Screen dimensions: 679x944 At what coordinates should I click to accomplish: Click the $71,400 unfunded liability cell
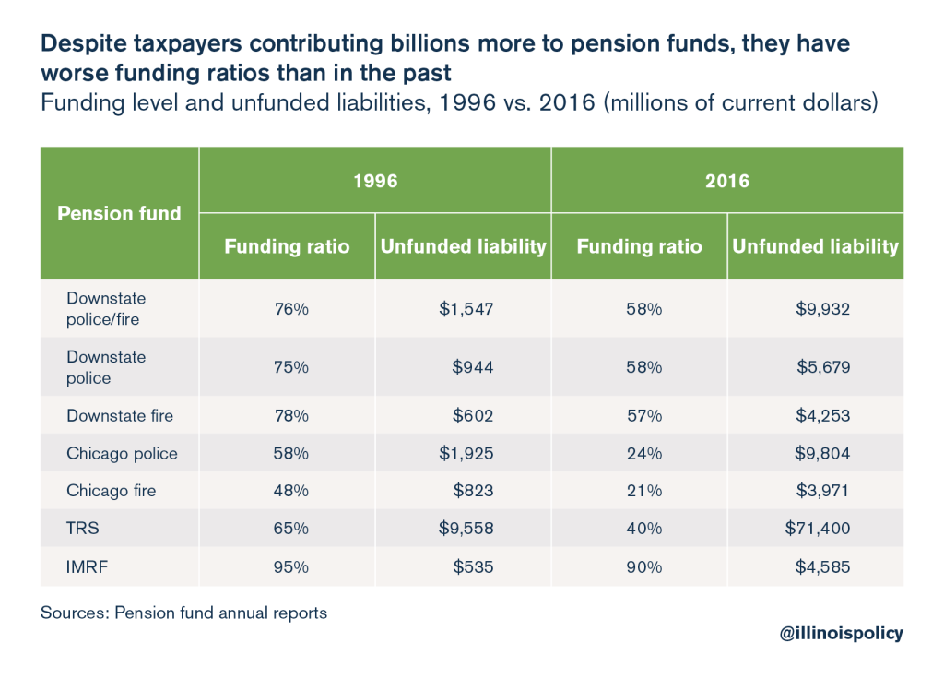click(822, 529)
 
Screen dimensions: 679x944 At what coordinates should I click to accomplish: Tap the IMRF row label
click(87, 567)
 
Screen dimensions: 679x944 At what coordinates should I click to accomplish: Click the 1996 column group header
click(375, 181)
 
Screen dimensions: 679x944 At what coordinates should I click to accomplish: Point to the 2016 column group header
click(727, 181)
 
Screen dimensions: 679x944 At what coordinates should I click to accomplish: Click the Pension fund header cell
click(120, 213)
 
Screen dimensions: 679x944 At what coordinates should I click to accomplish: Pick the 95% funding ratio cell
click(290, 567)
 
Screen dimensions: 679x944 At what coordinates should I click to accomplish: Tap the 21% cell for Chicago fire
click(644, 491)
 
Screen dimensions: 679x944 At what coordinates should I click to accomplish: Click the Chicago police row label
click(122, 453)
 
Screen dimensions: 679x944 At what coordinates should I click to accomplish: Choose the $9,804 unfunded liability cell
click(822, 453)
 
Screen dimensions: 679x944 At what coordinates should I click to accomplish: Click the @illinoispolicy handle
click(841, 633)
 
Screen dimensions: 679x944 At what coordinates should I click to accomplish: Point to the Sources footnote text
click(183, 613)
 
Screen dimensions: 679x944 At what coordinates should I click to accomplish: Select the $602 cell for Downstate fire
click(473, 415)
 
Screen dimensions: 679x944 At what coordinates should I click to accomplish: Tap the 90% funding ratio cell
click(644, 567)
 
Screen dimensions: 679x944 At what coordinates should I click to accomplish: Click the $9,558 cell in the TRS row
click(466, 529)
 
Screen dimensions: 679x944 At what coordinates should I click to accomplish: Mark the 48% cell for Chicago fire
click(290, 491)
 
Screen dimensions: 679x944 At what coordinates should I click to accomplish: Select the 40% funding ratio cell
click(644, 529)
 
